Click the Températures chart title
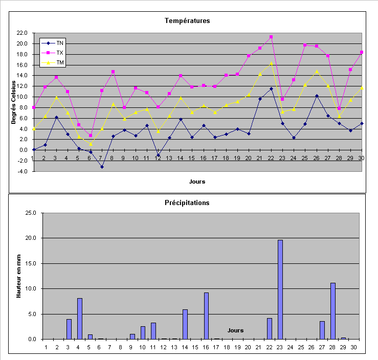[187, 21]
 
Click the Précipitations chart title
[187, 202]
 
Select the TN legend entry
[60, 43]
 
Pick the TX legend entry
[60, 53]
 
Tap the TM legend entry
[60, 62]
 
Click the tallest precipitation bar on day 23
[280, 289]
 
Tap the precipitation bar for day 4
[80, 318]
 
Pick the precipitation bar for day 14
[185, 324]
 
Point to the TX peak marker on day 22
[271, 37]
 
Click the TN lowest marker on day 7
[102, 167]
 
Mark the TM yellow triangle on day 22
[271, 63]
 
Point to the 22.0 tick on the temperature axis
[22, 33]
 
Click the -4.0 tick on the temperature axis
[22, 171]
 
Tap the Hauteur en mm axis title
[19, 276]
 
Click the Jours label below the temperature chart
[197, 181]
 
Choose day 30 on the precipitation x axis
[354, 347]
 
